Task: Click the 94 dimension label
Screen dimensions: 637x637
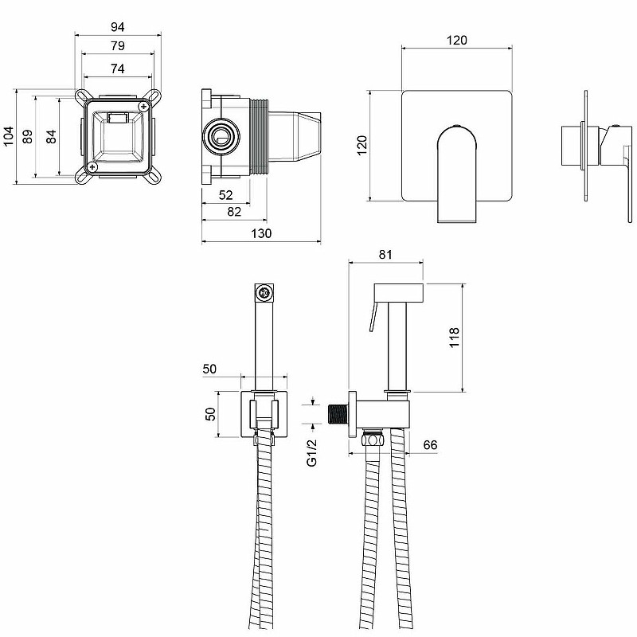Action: (117, 27)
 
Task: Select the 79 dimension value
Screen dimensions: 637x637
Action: (117, 46)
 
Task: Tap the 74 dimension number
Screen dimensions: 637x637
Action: (117, 68)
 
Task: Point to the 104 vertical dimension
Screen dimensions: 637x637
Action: (9, 136)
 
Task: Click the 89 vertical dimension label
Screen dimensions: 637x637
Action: (27, 136)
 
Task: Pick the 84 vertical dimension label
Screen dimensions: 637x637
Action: (51, 136)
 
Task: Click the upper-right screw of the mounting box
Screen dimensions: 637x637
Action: (143, 107)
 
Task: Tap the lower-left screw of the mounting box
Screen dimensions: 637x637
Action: (92, 166)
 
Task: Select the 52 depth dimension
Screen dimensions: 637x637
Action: (225, 195)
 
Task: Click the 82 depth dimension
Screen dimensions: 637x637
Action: (234, 212)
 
